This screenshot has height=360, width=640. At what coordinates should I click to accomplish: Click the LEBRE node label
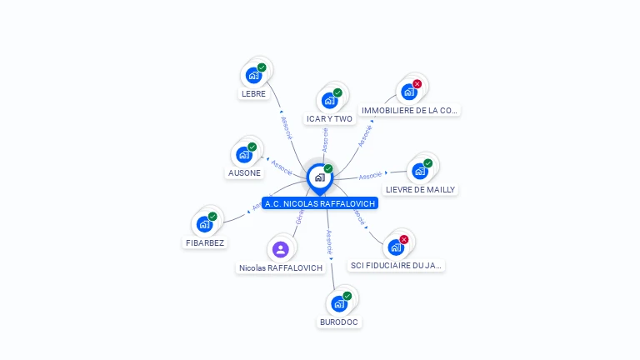click(253, 94)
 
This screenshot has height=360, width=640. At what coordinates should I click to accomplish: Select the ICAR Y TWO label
click(329, 119)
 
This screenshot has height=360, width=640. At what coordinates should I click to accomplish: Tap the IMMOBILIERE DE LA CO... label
click(409, 110)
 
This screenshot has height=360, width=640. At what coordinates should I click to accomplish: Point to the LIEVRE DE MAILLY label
click(420, 189)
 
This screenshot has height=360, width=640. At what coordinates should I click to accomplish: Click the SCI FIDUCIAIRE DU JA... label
click(397, 266)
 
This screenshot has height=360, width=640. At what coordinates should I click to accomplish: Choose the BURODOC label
click(340, 322)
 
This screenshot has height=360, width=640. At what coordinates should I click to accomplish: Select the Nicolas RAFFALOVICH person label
click(281, 268)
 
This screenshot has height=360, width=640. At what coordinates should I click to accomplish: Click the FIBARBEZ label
click(204, 242)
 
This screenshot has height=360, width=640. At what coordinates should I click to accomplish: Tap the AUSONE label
click(244, 173)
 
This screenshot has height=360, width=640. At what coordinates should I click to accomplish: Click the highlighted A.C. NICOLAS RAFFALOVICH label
click(320, 203)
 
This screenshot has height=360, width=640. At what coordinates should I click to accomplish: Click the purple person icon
click(281, 249)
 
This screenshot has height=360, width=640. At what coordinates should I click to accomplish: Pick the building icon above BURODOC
click(339, 303)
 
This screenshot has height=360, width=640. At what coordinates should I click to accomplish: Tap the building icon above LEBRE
click(253, 76)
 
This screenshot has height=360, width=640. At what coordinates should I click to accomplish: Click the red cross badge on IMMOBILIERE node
click(417, 84)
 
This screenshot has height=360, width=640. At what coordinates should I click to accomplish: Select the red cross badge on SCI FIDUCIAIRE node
click(404, 239)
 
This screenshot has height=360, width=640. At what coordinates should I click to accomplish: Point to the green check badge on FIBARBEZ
click(212, 217)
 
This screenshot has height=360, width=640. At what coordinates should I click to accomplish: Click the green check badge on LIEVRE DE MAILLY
click(428, 163)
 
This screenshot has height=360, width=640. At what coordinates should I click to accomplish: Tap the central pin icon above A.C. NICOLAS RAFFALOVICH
click(319, 177)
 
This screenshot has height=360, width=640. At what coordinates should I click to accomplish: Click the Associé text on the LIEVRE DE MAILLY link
click(370, 176)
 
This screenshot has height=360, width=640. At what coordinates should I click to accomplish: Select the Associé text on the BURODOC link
click(329, 241)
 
